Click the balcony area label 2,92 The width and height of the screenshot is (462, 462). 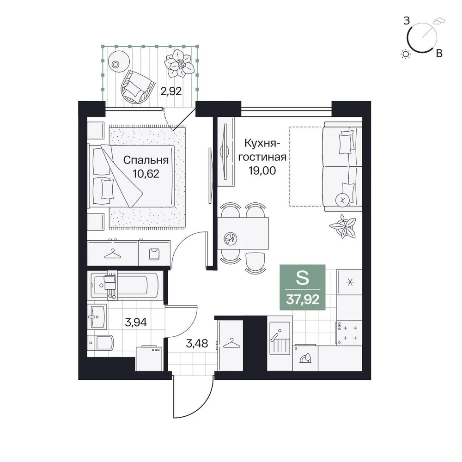[x=170, y=91]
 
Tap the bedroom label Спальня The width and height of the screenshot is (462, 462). [x=146, y=160]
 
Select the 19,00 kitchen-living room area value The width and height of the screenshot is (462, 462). [x=262, y=170]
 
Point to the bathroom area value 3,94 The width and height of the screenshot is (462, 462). [x=136, y=322]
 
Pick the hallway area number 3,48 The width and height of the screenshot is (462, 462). [x=197, y=343]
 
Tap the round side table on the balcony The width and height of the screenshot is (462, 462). [x=119, y=61]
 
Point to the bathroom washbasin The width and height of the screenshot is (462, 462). [x=97, y=317]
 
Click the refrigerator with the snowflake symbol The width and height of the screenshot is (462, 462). [x=349, y=282]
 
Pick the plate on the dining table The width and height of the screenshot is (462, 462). [x=230, y=238]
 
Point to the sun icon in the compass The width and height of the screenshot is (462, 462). [x=406, y=54]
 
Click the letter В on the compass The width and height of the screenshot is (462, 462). [x=439, y=54]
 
